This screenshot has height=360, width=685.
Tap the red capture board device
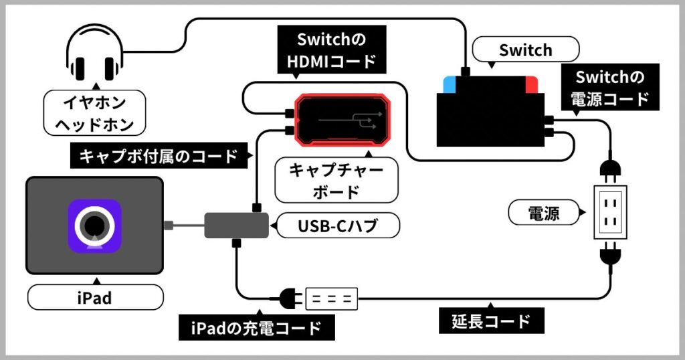click(x=343, y=119)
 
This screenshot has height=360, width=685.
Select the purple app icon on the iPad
click(x=94, y=226)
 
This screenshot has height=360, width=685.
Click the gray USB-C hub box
click(x=235, y=225)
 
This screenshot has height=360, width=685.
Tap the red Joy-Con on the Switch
click(x=532, y=85)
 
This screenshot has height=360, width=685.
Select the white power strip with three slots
click(x=332, y=298)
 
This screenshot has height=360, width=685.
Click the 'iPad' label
click(x=94, y=297)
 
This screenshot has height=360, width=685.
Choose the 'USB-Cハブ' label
click(x=338, y=226)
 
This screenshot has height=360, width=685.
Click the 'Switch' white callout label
click(x=525, y=50)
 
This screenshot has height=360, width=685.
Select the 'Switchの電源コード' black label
click(x=611, y=88)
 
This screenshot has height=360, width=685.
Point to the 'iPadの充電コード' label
click(x=258, y=329)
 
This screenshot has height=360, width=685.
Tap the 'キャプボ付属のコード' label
click(x=159, y=157)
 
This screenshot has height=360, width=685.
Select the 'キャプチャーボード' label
click(x=336, y=181)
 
